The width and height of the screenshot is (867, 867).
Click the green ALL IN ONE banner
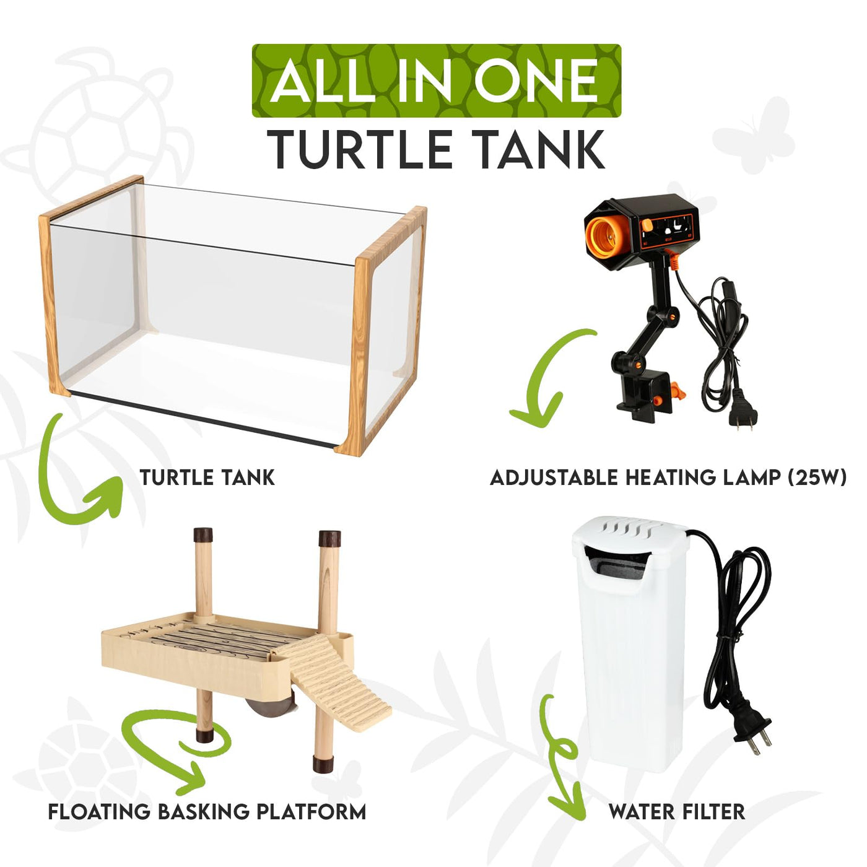[436, 81]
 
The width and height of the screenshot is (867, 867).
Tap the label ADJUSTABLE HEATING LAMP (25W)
[668, 477]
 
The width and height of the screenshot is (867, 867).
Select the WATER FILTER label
[676, 812]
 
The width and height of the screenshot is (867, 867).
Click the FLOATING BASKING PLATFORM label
[207, 811]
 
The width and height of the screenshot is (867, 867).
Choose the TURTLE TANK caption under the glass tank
[207, 477]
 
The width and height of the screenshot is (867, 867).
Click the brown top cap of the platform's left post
[203, 534]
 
